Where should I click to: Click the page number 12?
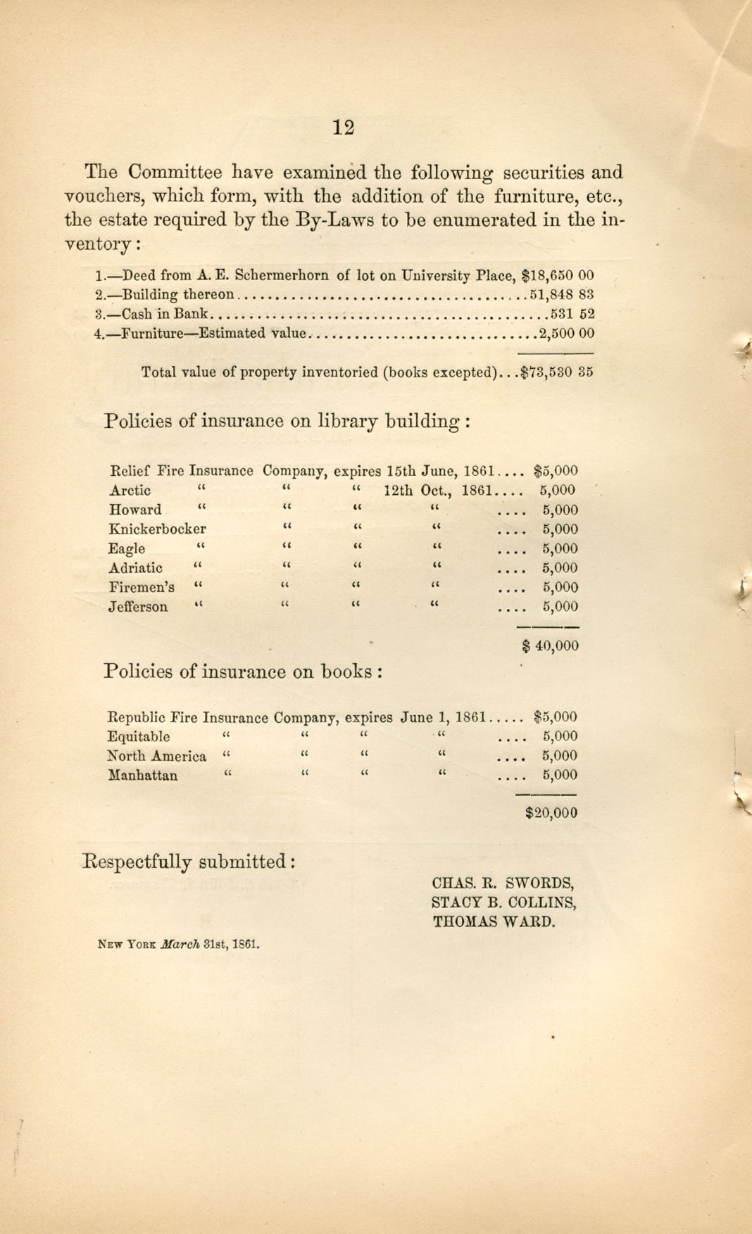(343, 127)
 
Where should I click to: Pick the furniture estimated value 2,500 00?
(566, 334)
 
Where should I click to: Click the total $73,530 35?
(556, 372)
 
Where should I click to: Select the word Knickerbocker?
(157, 529)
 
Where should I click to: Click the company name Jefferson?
(138, 607)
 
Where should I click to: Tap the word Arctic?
(130, 491)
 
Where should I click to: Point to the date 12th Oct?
(418, 491)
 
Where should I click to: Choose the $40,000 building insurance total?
(550, 646)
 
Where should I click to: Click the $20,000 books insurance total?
(551, 813)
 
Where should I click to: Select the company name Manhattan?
(142, 776)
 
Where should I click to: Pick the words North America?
(156, 757)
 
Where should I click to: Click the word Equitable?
(138, 737)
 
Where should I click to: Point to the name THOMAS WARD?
(494, 921)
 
